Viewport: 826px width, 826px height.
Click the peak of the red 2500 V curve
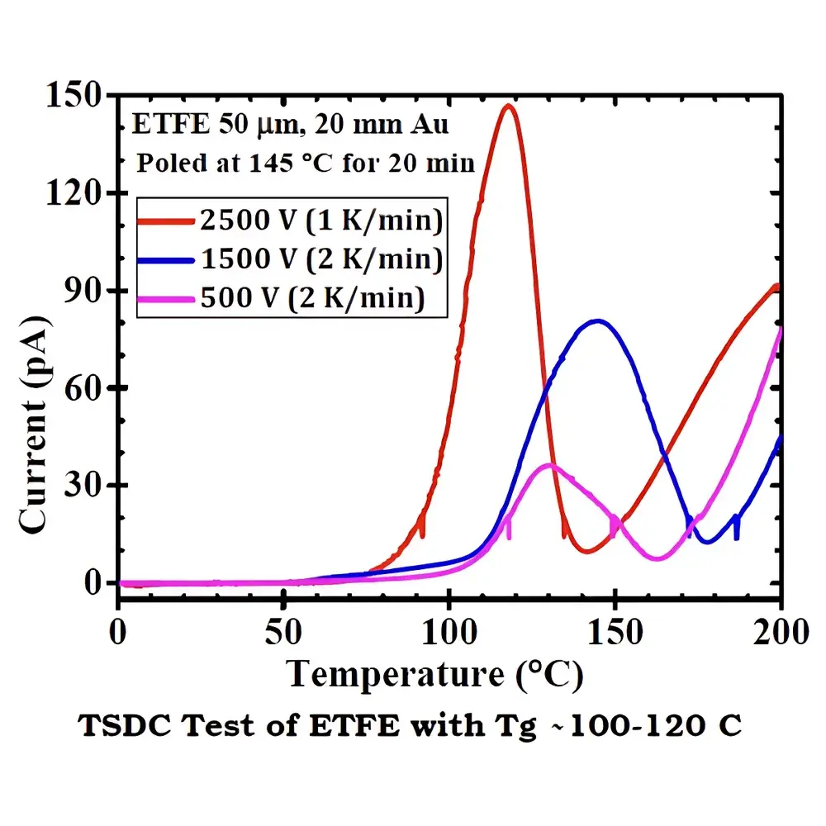coord(509,106)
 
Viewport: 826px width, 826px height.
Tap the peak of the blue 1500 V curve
coord(596,321)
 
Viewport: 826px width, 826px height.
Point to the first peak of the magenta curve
coord(548,466)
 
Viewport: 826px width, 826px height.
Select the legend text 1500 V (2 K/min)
coord(321,259)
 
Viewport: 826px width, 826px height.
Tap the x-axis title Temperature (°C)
coord(435,675)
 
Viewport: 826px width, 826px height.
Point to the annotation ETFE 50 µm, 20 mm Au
coord(291,126)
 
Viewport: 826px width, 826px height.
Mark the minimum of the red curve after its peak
coord(587,551)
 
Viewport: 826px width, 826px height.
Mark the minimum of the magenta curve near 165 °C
coord(657,559)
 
